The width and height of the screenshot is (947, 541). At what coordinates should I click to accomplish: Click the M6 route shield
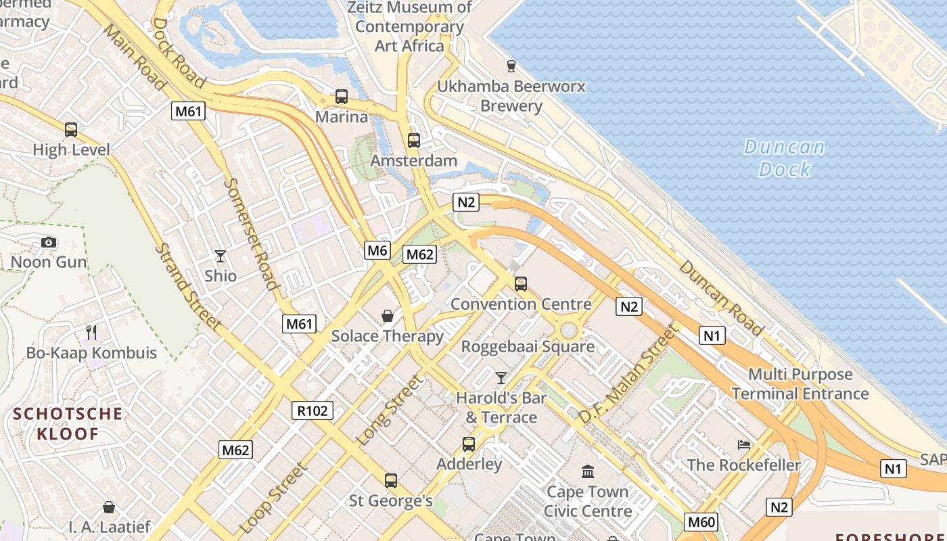377,250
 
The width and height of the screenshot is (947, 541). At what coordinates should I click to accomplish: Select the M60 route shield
701,522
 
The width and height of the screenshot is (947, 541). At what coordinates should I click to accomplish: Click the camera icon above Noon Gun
49,242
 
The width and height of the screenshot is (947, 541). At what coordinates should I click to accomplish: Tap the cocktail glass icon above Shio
221,256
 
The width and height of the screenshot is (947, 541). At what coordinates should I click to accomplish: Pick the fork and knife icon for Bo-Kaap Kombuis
92,332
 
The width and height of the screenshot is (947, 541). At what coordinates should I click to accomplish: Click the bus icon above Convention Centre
521,284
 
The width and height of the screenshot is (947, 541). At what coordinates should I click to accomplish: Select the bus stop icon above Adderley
469,444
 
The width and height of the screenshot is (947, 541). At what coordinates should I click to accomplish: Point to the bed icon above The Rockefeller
744,445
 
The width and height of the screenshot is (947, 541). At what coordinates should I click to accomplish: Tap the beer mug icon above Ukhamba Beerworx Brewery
511,66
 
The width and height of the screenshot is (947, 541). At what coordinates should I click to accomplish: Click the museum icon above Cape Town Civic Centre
588,471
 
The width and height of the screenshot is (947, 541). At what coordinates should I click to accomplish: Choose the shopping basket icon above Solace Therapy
388,316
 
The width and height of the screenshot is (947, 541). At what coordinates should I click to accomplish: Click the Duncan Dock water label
785,158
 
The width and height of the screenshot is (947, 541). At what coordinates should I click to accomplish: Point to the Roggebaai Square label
528,347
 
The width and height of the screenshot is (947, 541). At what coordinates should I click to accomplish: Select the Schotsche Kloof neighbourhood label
68,423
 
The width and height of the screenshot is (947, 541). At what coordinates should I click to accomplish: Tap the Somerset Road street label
251,233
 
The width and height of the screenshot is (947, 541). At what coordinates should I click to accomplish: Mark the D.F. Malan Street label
628,374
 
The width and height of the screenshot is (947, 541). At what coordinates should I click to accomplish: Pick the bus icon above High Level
71,129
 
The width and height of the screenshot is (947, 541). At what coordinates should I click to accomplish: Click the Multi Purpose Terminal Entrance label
800,384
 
